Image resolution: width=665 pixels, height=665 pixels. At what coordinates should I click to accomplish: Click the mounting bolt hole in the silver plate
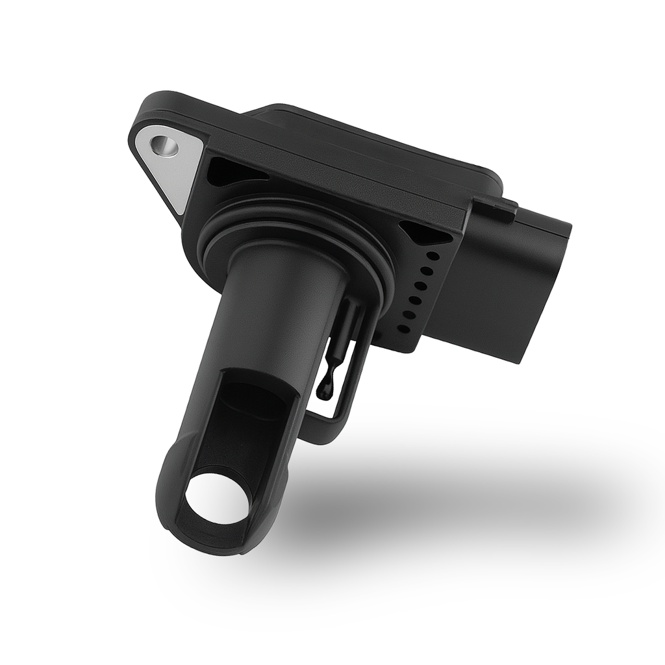click(167, 146)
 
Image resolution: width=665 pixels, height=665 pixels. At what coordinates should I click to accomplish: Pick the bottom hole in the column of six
click(403, 329)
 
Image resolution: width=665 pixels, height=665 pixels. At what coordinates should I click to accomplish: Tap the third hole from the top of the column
click(421, 286)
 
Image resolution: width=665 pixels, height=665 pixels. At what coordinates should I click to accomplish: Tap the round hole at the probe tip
click(217, 499)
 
